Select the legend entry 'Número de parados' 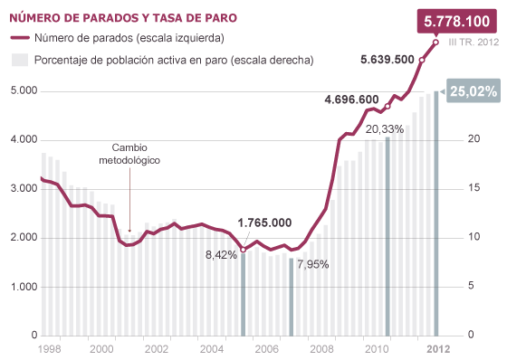(129, 38)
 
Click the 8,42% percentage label (221, 255)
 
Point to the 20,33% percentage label (385, 129)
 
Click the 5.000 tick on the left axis (21, 91)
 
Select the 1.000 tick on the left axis (21, 287)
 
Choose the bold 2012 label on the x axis (438, 347)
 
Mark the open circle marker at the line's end (435, 42)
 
